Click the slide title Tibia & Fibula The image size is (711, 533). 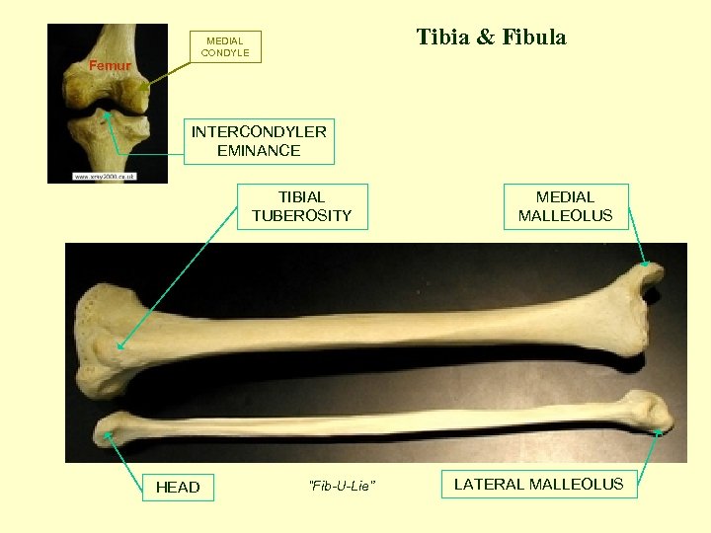coord(491,38)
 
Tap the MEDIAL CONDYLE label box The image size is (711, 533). coord(225,46)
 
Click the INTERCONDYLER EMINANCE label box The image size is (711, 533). coord(259,141)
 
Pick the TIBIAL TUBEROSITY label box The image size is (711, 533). coord(301,206)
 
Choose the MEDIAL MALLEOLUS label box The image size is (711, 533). coord(565,206)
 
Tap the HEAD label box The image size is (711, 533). coord(178,487)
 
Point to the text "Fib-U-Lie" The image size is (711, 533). coord(342,485)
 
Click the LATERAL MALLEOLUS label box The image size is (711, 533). coord(538,484)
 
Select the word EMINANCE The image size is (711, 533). coord(259,151)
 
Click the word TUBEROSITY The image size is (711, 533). coord(301,215)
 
